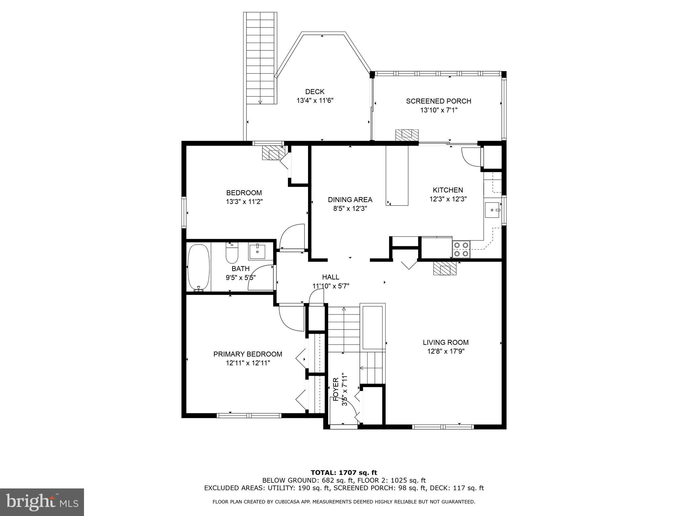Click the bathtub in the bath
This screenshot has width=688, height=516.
tap(199, 267)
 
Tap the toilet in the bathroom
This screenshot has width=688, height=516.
tap(232, 253)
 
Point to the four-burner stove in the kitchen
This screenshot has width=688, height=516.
tap(461, 250)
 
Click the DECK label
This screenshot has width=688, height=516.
tap(315, 92)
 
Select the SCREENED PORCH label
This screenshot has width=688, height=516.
tap(438, 101)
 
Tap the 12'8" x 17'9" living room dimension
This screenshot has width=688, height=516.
tap(445, 351)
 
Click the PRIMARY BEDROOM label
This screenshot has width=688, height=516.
tap(248, 354)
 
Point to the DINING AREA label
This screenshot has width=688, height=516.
tap(350, 200)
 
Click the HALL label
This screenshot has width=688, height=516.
tap(331, 277)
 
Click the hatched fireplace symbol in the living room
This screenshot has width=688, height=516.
tap(445, 268)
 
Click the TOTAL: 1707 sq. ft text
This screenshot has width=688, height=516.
tap(344, 473)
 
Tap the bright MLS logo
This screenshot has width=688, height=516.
tap(42, 502)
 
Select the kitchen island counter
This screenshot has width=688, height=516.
tap(397, 175)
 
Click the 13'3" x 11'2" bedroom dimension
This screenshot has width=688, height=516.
tap(244, 202)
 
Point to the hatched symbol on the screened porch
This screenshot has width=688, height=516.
tap(407, 135)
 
